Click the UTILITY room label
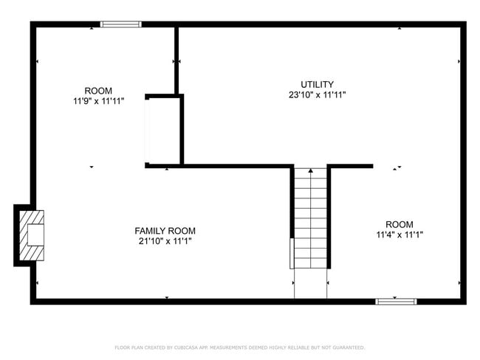(x=317, y=84)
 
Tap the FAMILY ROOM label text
(x=165, y=231)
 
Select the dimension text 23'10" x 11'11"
(x=317, y=94)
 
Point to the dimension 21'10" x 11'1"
(x=165, y=241)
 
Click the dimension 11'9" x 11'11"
(x=98, y=101)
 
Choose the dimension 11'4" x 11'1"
(x=399, y=235)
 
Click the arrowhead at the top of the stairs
(x=310, y=171)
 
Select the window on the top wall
(x=120, y=24)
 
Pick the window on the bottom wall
(x=396, y=301)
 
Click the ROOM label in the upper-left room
(x=98, y=91)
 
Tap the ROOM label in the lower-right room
(x=399, y=224)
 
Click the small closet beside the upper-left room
(x=164, y=130)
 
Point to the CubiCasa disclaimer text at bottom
(x=239, y=347)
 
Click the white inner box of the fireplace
(x=35, y=235)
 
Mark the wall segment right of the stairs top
(x=350, y=167)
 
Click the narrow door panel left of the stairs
(x=291, y=253)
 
